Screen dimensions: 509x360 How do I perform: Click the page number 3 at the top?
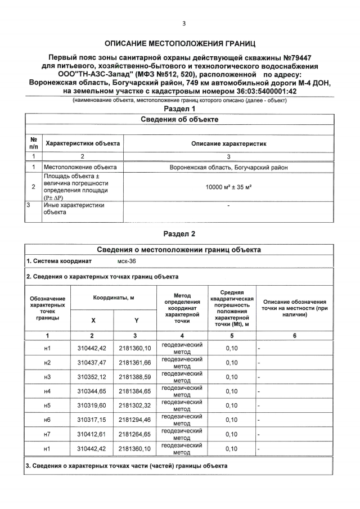coord(183,23)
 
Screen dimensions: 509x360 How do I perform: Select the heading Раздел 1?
coord(179,109)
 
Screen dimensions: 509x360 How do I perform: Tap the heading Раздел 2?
coord(179,233)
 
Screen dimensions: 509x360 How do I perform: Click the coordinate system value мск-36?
coord(126,262)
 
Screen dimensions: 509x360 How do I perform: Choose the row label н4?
coord(47,391)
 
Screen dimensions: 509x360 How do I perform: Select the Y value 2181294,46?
coord(135,420)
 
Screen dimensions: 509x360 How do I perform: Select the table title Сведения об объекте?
coord(179,120)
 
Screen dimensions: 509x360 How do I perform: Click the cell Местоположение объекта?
coord(80,168)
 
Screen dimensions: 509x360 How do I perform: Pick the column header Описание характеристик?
coord(228,144)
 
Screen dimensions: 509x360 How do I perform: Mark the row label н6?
coord(47,420)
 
